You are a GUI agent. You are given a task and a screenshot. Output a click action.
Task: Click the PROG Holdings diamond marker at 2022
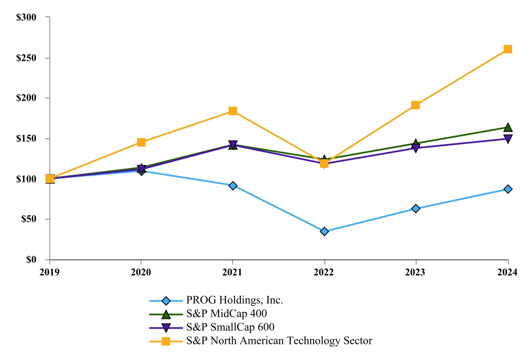coord(324,231)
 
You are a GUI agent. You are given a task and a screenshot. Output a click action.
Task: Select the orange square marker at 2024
coord(507,49)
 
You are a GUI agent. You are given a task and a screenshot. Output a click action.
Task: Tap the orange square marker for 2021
coord(233,111)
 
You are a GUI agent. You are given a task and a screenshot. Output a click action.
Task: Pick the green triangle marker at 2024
coord(507,127)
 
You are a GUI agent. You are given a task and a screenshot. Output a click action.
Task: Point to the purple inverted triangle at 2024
coord(507,139)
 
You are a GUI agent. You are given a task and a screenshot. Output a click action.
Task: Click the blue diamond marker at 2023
coord(416,208)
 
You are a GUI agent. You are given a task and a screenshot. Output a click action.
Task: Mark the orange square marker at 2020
coord(141,142)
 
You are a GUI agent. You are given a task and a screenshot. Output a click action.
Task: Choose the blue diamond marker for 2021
coord(233,186)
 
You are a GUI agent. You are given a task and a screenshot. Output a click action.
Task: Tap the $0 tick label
coord(31,260)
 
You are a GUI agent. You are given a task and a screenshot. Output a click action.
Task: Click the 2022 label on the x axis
coord(324,273)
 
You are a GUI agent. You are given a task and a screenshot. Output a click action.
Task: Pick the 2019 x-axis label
coord(50,273)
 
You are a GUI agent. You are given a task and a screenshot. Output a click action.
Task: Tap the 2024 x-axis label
coord(507,273)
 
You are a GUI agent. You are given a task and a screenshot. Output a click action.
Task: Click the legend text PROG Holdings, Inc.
coord(234,301)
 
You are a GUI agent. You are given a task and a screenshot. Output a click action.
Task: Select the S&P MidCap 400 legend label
coord(226,314)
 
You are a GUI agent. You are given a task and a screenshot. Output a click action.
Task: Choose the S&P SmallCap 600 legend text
coord(231,327)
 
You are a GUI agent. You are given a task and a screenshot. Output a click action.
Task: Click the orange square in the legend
coord(166,341)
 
